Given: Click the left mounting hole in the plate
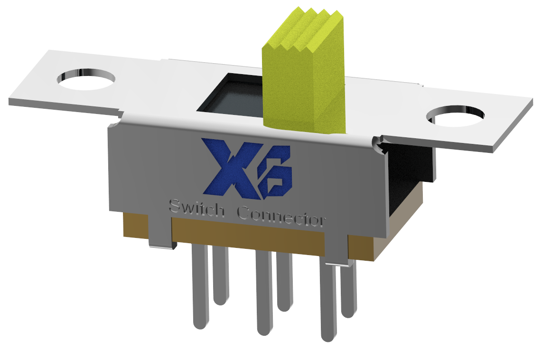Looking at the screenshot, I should click(x=86, y=79).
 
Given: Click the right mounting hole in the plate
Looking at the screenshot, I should click(x=455, y=116).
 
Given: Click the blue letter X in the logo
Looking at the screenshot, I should click(x=227, y=167).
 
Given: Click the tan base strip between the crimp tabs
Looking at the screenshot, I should click(x=247, y=233).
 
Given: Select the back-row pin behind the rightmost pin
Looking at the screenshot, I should click(x=348, y=290).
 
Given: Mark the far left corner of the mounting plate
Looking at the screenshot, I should click(x=10, y=101).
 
